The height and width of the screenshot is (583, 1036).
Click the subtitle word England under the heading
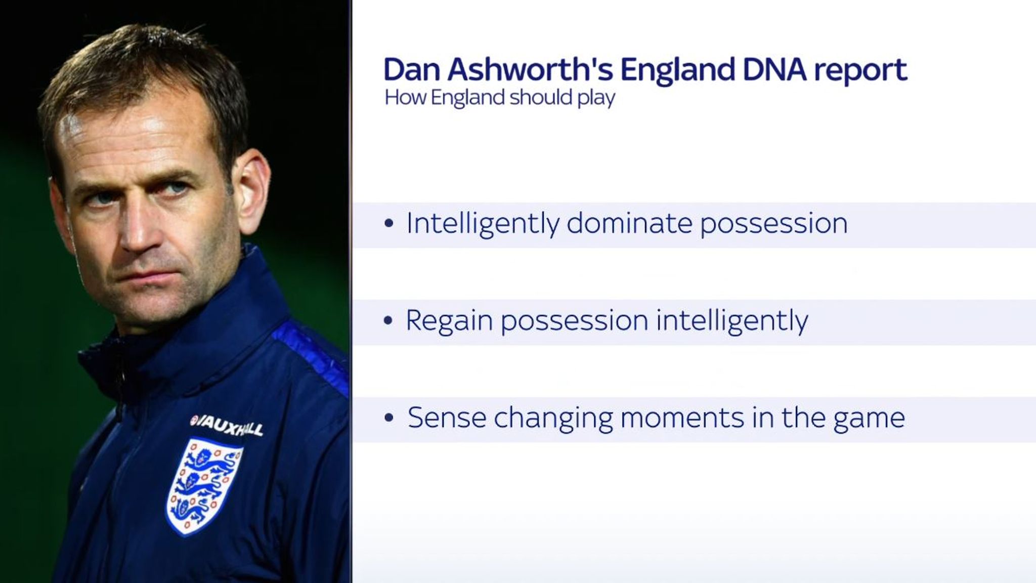[468, 97]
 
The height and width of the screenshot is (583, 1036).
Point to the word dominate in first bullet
[629, 223]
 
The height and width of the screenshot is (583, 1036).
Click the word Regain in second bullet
[449, 321]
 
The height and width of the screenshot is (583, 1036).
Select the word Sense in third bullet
[446, 418]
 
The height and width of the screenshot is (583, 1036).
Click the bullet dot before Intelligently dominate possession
[388, 224]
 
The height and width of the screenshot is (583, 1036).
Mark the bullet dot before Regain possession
[388, 321]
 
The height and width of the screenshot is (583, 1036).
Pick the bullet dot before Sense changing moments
[388, 419]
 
